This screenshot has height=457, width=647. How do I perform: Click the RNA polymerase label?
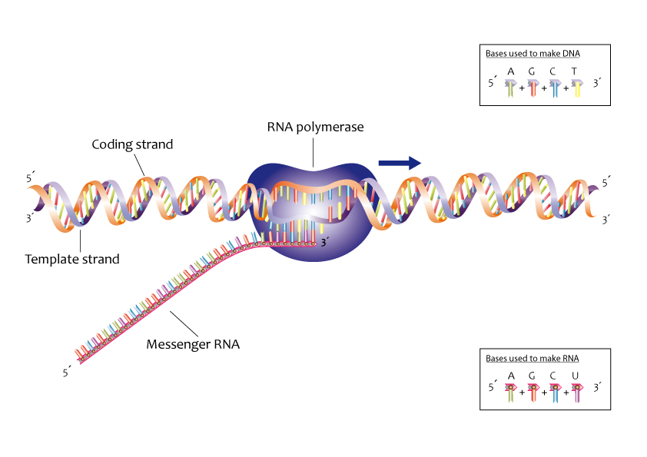point(315,127)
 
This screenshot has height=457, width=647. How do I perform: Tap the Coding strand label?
point(132,144)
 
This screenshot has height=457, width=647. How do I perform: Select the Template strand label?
point(72,259)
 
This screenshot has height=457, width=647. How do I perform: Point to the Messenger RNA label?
point(193,344)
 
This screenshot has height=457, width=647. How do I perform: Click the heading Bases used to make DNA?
point(533,54)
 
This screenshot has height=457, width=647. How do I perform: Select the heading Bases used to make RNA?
point(532,358)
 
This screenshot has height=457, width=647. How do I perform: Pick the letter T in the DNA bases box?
point(575,71)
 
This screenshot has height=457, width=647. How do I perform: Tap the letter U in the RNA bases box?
point(575,376)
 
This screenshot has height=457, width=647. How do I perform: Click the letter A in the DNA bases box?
point(511,71)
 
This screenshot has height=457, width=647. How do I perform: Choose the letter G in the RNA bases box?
point(533,376)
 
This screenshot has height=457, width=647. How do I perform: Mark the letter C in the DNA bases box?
point(553,71)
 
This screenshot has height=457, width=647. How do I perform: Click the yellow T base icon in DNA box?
point(576,89)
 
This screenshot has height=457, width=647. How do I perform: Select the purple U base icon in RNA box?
point(576,393)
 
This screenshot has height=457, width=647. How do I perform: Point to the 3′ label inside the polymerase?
point(327,243)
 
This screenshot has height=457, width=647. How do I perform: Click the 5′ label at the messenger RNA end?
point(67,373)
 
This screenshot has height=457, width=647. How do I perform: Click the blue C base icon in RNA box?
point(555,393)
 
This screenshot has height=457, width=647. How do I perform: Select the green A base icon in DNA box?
point(511,89)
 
